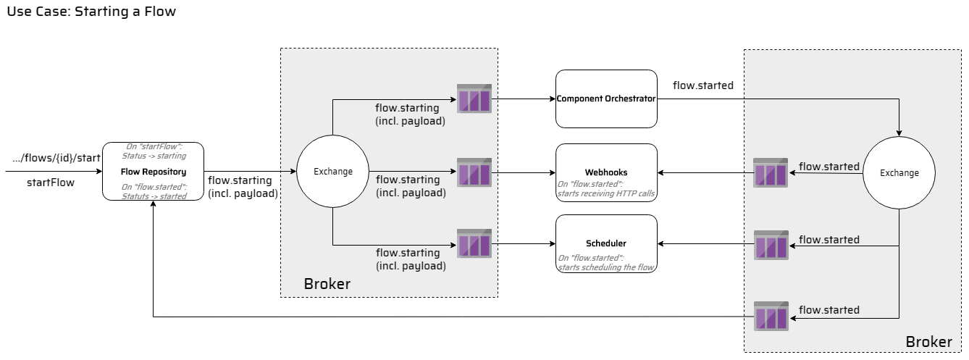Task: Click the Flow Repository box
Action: click(153, 172)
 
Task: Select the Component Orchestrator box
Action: click(606, 99)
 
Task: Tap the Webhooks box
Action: click(606, 172)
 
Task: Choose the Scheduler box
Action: click(606, 244)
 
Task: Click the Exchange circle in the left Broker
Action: click(332, 172)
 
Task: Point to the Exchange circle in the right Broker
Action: click(899, 173)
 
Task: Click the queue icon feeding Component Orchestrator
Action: click(474, 99)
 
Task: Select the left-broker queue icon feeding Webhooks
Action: click(474, 172)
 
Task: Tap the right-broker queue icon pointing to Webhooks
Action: click(771, 172)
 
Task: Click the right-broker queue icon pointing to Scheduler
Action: click(771, 244)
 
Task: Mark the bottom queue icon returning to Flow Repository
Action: click(771, 317)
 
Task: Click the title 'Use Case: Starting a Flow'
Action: click(91, 12)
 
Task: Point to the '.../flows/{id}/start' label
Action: click(56, 158)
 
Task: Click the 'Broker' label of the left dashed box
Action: click(327, 284)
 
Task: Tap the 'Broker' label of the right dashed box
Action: click(929, 341)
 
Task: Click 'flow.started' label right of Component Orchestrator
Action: click(702, 85)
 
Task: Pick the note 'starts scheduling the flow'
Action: click(606, 267)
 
